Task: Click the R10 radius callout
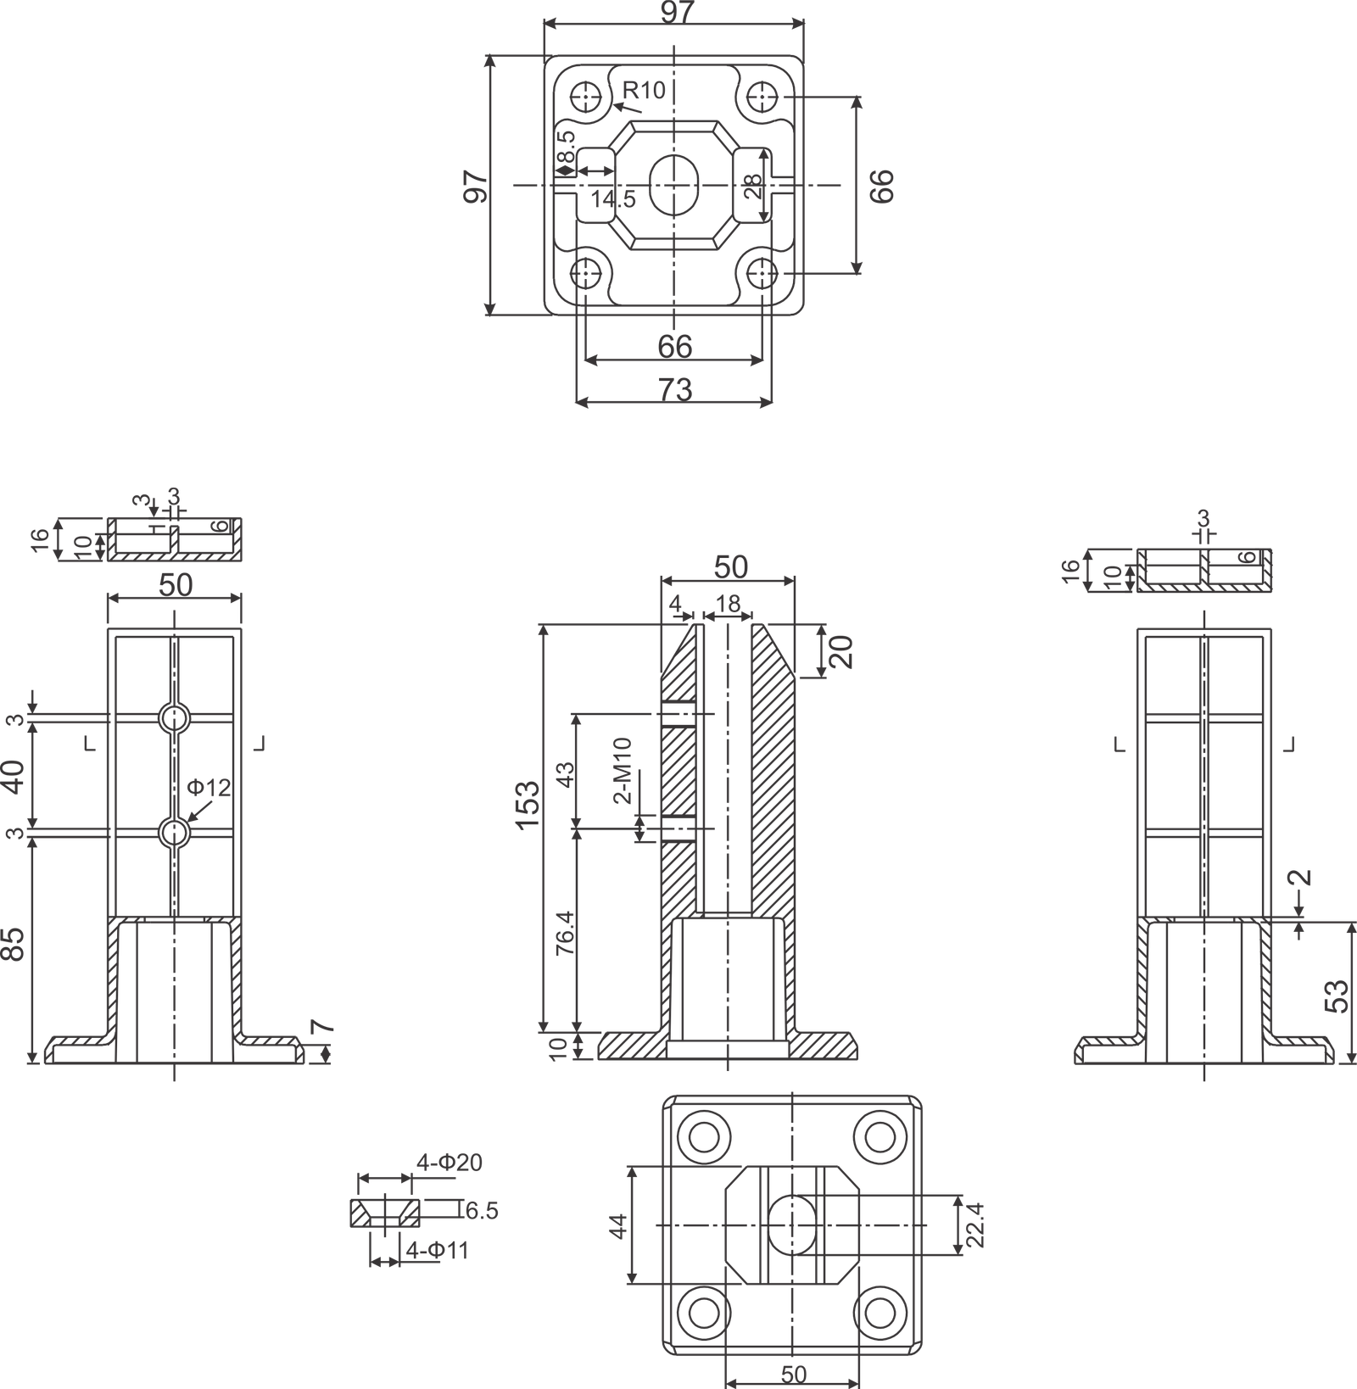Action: pos(645,90)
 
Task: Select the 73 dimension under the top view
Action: pos(675,389)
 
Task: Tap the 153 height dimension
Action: pos(527,808)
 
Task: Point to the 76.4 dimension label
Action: pos(565,934)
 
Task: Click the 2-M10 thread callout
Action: pos(623,770)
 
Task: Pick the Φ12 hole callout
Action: pos(209,788)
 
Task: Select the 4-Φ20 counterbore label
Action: pos(449,1162)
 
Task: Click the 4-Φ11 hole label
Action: pos(437,1250)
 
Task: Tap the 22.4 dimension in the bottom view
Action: pos(976,1224)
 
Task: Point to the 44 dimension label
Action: pos(618,1225)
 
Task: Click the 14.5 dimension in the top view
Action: pos(613,199)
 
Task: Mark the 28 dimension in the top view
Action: pos(752,186)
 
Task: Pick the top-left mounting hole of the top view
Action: pos(585,97)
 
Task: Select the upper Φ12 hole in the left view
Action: pos(174,718)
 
